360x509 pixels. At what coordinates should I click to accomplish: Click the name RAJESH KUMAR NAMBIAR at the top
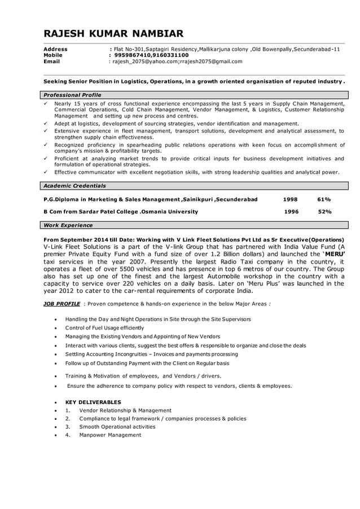pyautogui.click(x=113, y=34)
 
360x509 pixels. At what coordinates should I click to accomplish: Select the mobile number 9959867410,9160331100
pyautogui.click(x=151, y=55)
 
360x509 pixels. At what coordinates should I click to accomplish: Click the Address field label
pyautogui.click(x=55, y=50)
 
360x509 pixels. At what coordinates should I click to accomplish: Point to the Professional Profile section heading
pyautogui.click(x=72, y=95)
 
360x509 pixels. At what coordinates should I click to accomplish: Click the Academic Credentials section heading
pyautogui.click(x=74, y=186)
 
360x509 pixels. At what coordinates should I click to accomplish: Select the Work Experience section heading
pyautogui.click(x=68, y=225)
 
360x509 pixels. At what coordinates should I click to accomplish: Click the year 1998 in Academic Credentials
pyautogui.click(x=290, y=199)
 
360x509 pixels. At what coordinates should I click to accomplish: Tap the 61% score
pyautogui.click(x=324, y=199)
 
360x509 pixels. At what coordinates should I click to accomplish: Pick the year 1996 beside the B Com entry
pyautogui.click(x=291, y=212)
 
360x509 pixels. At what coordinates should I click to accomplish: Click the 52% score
pyautogui.click(x=324, y=212)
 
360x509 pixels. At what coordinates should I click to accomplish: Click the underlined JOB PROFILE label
pyautogui.click(x=62, y=304)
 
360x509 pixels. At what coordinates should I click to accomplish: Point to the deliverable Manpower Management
pyautogui.click(x=110, y=435)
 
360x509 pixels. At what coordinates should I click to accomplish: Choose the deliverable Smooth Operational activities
pyautogui.click(x=117, y=427)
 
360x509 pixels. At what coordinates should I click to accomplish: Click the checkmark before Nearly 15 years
pyautogui.click(x=46, y=104)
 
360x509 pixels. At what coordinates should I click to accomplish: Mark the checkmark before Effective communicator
pyautogui.click(x=46, y=172)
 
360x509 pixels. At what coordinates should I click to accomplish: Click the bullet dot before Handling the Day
pyautogui.click(x=55, y=319)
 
